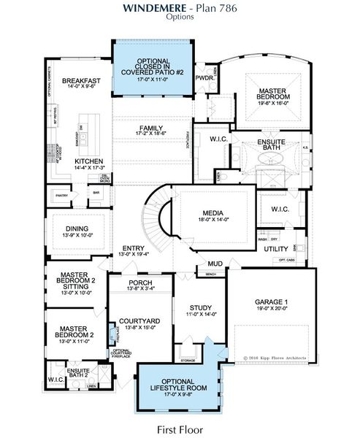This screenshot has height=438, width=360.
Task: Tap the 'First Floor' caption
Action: pyautogui.click(x=179, y=429)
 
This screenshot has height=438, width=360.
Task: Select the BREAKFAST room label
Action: pyautogui.click(x=80, y=80)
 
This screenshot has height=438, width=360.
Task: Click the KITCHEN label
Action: pyautogui.click(x=88, y=161)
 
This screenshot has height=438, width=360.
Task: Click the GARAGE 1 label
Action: pyautogui.click(x=272, y=301)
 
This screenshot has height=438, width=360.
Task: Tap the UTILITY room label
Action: pyautogui.click(x=277, y=249)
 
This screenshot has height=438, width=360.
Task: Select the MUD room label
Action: pyautogui.click(x=214, y=264)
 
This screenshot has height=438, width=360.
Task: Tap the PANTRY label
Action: pyautogui.click(x=61, y=195)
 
